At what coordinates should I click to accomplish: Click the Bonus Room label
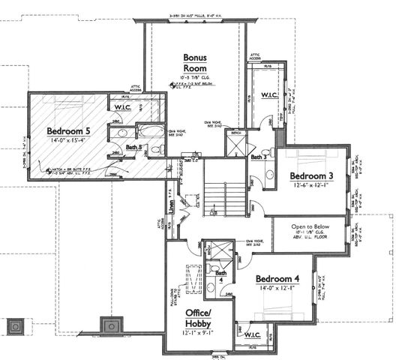pos(196,63)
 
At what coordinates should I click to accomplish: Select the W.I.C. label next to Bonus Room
pos(269,95)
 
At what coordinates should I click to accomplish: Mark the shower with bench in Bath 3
pos(236,143)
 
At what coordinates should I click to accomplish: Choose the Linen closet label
pos(173,202)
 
